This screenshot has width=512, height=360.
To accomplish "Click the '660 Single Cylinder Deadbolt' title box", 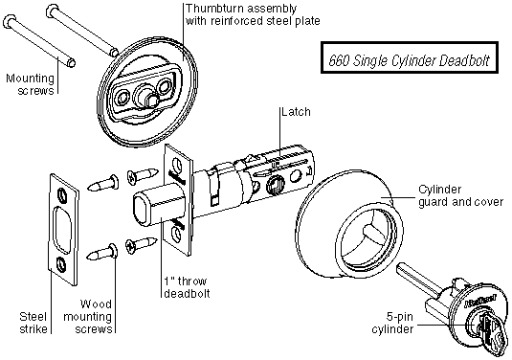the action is pos(410,57).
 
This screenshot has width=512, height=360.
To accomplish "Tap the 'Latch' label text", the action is pos(296,112).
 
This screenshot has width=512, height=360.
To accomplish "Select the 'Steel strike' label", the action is pos(33,323).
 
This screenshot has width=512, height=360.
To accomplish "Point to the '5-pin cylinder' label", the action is pos(392,323).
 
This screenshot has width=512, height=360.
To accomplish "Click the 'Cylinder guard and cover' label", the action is pos(460,195).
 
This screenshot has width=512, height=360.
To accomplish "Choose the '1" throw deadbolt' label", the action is pos(186,287).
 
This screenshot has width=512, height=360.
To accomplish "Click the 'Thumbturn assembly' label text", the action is pos(241,9).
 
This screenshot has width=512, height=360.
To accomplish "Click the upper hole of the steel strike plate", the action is pos(61,194).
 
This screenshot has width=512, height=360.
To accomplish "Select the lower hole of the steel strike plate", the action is pos(61,263).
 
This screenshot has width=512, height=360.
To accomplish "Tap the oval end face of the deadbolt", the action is pos(141,210).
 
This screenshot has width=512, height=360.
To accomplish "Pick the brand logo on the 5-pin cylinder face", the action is pos(479,301).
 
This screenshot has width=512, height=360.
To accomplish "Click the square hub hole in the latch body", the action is pos(274,185).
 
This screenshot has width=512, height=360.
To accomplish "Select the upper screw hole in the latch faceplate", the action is pos(177,164).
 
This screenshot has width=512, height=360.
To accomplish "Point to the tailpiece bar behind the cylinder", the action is pos(416,281).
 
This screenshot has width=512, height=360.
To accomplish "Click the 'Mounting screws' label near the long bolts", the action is pos(30,84).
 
